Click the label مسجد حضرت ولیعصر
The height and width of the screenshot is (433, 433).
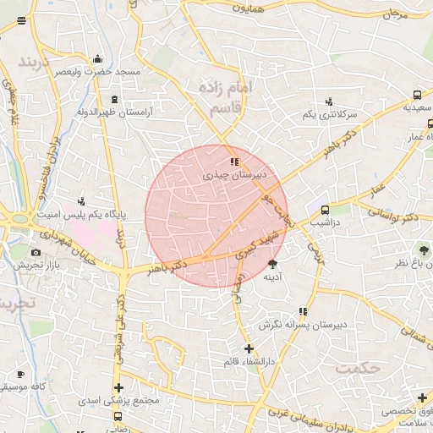pyautogui.click(x=98, y=73)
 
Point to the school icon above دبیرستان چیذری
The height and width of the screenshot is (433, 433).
pyautogui.click(x=234, y=161)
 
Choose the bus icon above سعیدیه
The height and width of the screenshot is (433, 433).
pyautogui.click(x=417, y=95)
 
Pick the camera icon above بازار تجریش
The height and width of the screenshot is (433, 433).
pyautogui.click(x=36, y=252)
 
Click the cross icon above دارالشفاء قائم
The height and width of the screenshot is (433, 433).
pyautogui.click(x=248, y=348)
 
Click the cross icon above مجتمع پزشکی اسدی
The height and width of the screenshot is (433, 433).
pyautogui.click(x=119, y=387)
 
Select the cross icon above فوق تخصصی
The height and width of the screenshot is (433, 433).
pyautogui.click(x=421, y=397)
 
